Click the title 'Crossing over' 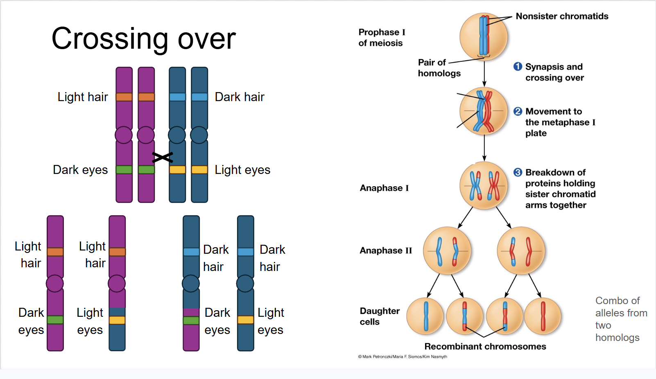point(143,39)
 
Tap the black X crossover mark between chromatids point(163,157)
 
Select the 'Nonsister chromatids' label point(562,16)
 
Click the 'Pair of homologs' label point(439,68)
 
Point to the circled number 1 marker point(518,67)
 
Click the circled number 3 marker point(518,172)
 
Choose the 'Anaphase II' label point(385,250)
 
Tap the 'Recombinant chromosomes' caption point(485,347)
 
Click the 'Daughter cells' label point(379,316)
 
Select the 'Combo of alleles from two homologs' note point(620,319)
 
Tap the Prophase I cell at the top point(484,36)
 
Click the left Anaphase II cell point(447,250)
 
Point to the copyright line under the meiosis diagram point(402,357)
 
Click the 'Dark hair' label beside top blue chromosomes point(240,97)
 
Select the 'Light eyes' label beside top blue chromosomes point(242,170)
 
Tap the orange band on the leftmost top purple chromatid point(124,97)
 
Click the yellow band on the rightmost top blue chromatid point(199,169)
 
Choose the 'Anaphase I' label point(384,188)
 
